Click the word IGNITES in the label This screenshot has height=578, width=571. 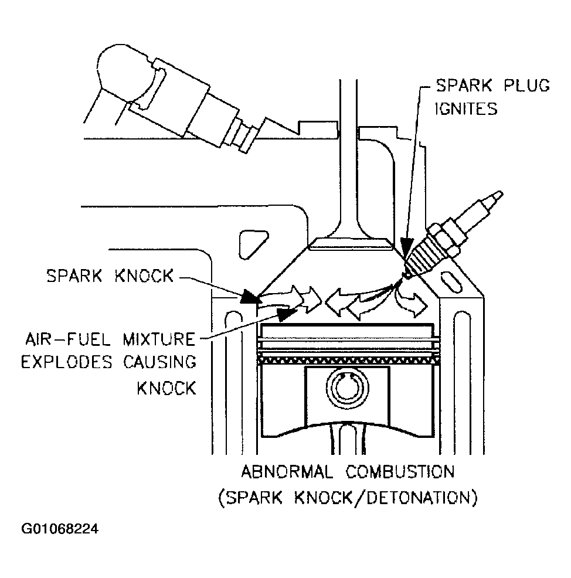461,108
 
